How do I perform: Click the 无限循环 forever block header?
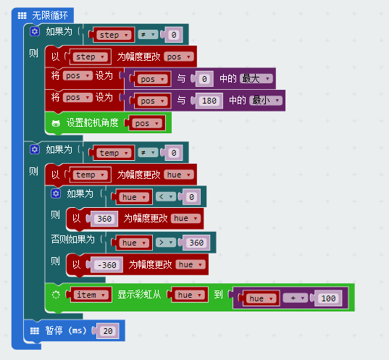[43, 15]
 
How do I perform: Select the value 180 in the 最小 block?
[209, 101]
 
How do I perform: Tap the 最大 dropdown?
[256, 79]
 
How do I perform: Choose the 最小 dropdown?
[266, 101]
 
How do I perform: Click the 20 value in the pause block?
[108, 331]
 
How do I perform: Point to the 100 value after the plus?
[328, 298]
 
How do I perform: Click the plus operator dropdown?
[296, 298]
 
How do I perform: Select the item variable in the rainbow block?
[91, 295]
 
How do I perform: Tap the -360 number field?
[107, 265]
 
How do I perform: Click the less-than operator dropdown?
[166, 197]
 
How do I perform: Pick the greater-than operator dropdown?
[166, 243]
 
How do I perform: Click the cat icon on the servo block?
[56, 123]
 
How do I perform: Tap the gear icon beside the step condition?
[35, 32]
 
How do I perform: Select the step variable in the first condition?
[114, 35]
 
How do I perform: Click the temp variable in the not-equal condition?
[114, 153]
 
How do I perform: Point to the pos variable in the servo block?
[147, 123]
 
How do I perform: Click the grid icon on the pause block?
[35, 331]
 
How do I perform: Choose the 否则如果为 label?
[72, 239]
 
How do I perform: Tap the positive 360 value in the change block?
[104, 219]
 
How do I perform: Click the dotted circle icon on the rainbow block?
[56, 295]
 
